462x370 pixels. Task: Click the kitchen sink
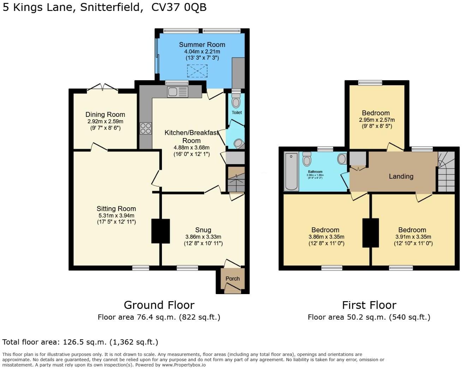click(x=178, y=92)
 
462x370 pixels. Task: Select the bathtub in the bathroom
click(x=292, y=172)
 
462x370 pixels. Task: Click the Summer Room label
click(x=202, y=45)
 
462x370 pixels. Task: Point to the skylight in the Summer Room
click(x=197, y=71)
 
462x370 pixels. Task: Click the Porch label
click(x=233, y=279)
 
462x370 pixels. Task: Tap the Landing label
click(x=401, y=176)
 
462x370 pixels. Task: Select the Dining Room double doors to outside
click(x=102, y=88)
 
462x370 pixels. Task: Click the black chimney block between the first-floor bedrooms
click(x=371, y=233)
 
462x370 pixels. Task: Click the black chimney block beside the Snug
click(x=161, y=231)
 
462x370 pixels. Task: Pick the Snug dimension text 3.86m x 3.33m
click(x=203, y=237)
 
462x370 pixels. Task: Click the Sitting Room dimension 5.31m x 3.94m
click(x=116, y=215)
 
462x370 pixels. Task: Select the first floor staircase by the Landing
click(x=446, y=172)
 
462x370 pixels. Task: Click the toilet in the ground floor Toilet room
click(x=236, y=102)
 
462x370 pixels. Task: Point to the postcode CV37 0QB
click(x=179, y=7)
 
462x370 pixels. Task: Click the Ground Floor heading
click(x=159, y=305)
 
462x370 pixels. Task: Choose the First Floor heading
click(x=369, y=305)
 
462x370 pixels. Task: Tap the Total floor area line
click(x=80, y=342)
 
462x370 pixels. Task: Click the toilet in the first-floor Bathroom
click(x=307, y=159)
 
